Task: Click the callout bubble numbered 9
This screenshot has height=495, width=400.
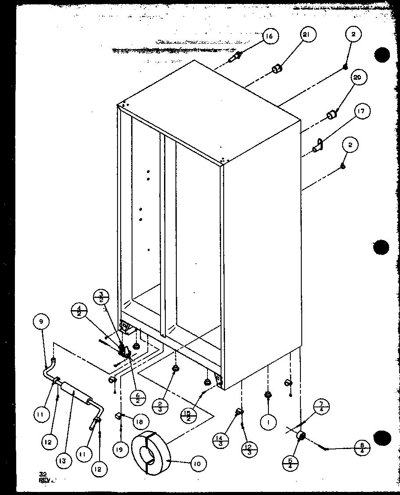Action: point(41,322)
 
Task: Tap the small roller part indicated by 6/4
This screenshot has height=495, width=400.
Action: point(301,436)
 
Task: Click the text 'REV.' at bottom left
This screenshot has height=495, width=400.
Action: point(46,480)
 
